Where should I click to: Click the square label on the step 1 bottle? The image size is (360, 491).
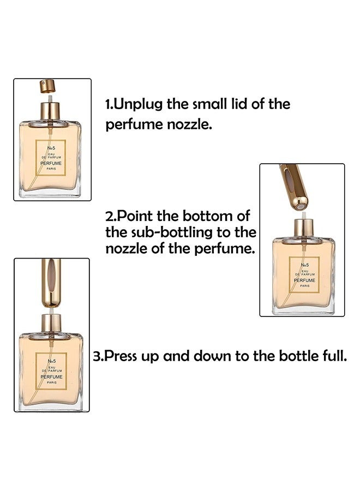click(50, 158)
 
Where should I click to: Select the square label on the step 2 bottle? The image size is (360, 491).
click(304, 275)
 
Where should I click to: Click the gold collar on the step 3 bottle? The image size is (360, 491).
click(51, 324)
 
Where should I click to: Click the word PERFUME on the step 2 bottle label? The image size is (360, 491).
click(304, 280)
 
